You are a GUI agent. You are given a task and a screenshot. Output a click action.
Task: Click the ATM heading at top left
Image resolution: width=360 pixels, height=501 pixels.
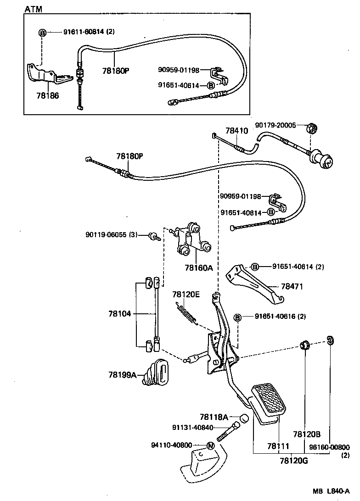(33, 9)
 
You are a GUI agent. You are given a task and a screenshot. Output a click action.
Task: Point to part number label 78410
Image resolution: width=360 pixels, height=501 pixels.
(236, 131)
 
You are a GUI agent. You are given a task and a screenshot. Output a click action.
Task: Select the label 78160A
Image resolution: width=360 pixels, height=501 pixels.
(199, 267)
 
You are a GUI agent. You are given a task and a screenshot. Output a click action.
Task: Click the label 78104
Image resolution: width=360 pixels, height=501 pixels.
(120, 314)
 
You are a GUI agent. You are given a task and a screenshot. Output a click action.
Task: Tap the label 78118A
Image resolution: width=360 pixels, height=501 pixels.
(214, 417)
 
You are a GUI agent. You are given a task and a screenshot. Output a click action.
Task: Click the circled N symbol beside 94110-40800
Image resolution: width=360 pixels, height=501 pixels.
(210, 445)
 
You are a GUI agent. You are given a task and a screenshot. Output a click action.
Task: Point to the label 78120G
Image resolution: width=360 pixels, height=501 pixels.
(293, 460)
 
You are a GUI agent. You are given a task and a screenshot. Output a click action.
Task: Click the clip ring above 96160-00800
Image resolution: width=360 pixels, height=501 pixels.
(330, 340)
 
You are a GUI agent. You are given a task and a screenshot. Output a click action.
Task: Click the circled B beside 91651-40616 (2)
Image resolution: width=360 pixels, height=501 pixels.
(238, 317)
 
